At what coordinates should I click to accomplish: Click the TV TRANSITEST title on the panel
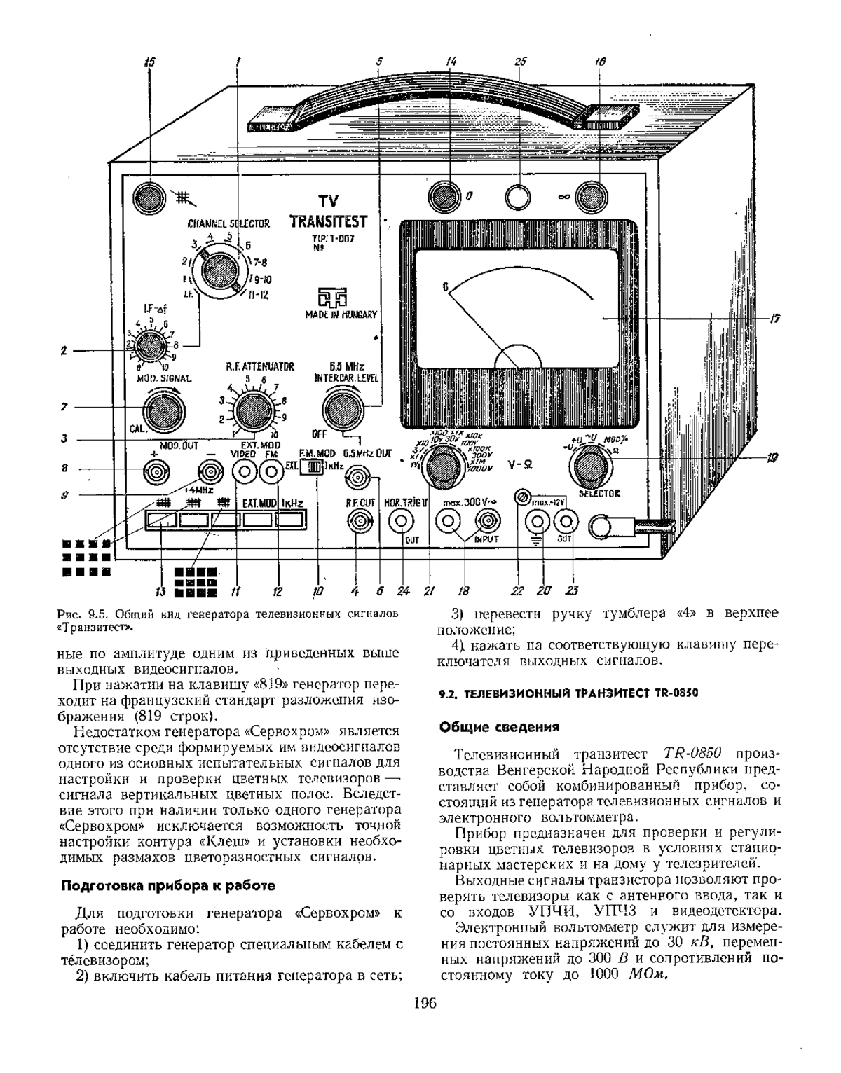(x=328, y=212)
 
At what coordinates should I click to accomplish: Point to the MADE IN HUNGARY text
(x=341, y=314)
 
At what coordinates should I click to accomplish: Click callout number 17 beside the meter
(x=775, y=319)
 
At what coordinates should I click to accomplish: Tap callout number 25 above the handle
(x=520, y=61)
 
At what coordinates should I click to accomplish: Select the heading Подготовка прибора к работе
(x=168, y=885)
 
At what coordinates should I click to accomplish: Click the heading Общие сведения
(x=499, y=726)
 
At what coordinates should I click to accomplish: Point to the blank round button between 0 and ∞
(x=519, y=197)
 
